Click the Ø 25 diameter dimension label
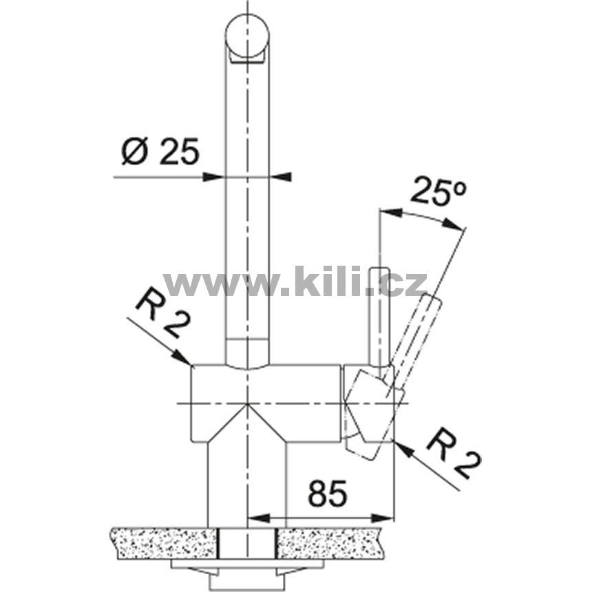[x=160, y=151]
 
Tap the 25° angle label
[x=438, y=191]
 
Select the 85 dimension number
[x=327, y=494]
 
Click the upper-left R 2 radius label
[x=163, y=313]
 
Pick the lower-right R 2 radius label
[x=454, y=454]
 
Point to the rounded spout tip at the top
[x=247, y=36]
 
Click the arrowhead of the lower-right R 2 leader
[x=404, y=450]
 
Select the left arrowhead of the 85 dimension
[x=259, y=518]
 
